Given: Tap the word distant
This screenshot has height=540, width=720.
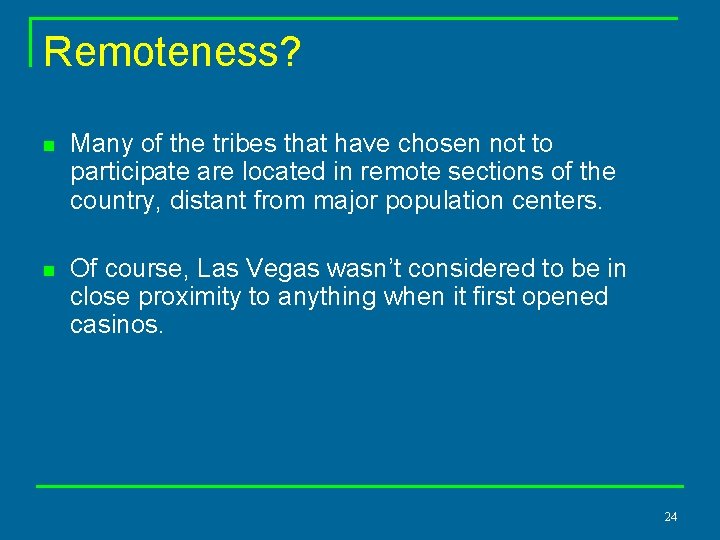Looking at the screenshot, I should click(207, 200).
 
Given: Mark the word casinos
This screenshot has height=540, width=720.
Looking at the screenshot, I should click(116, 325).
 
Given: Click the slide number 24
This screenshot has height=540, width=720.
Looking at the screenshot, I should click(670, 517).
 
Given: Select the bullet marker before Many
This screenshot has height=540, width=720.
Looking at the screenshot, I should click(47, 145).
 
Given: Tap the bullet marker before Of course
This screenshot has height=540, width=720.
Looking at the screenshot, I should click(47, 270).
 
